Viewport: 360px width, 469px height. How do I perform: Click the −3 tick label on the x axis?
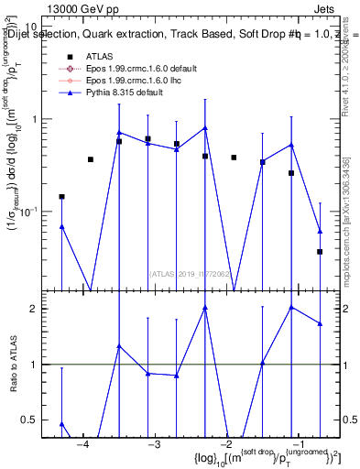[155, 446]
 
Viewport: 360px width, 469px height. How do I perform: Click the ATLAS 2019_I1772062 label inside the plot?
[191, 273]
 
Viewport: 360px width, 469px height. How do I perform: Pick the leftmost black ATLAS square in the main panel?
[61, 196]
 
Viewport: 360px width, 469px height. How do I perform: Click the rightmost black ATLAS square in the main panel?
[320, 251]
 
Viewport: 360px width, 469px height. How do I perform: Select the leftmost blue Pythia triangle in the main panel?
[61, 226]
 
